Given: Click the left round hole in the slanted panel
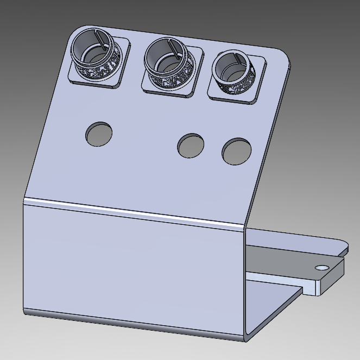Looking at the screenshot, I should pos(99,134).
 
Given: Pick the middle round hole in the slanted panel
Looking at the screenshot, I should pos(191,146).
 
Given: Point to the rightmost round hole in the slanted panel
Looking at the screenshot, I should pos(236,151).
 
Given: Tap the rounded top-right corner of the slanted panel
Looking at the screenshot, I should pos(283,54).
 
